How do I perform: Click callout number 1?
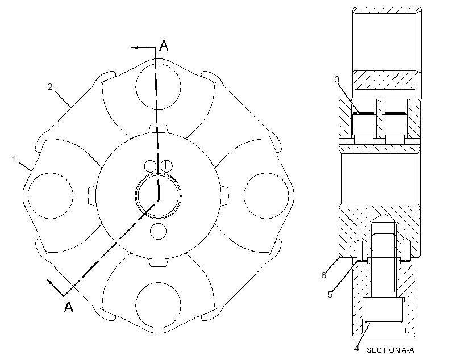pos(14,160)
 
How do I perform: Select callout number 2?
pos(50,86)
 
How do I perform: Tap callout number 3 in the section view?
pos(337,79)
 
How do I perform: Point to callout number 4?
pos(356,349)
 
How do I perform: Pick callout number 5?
pos(330,294)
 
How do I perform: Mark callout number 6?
pos(324,275)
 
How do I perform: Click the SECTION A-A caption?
pos(390,350)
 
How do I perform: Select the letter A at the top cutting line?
pos(164,45)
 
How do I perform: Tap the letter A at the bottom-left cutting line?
pos(69,306)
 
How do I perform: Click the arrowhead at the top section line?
pos(135,47)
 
